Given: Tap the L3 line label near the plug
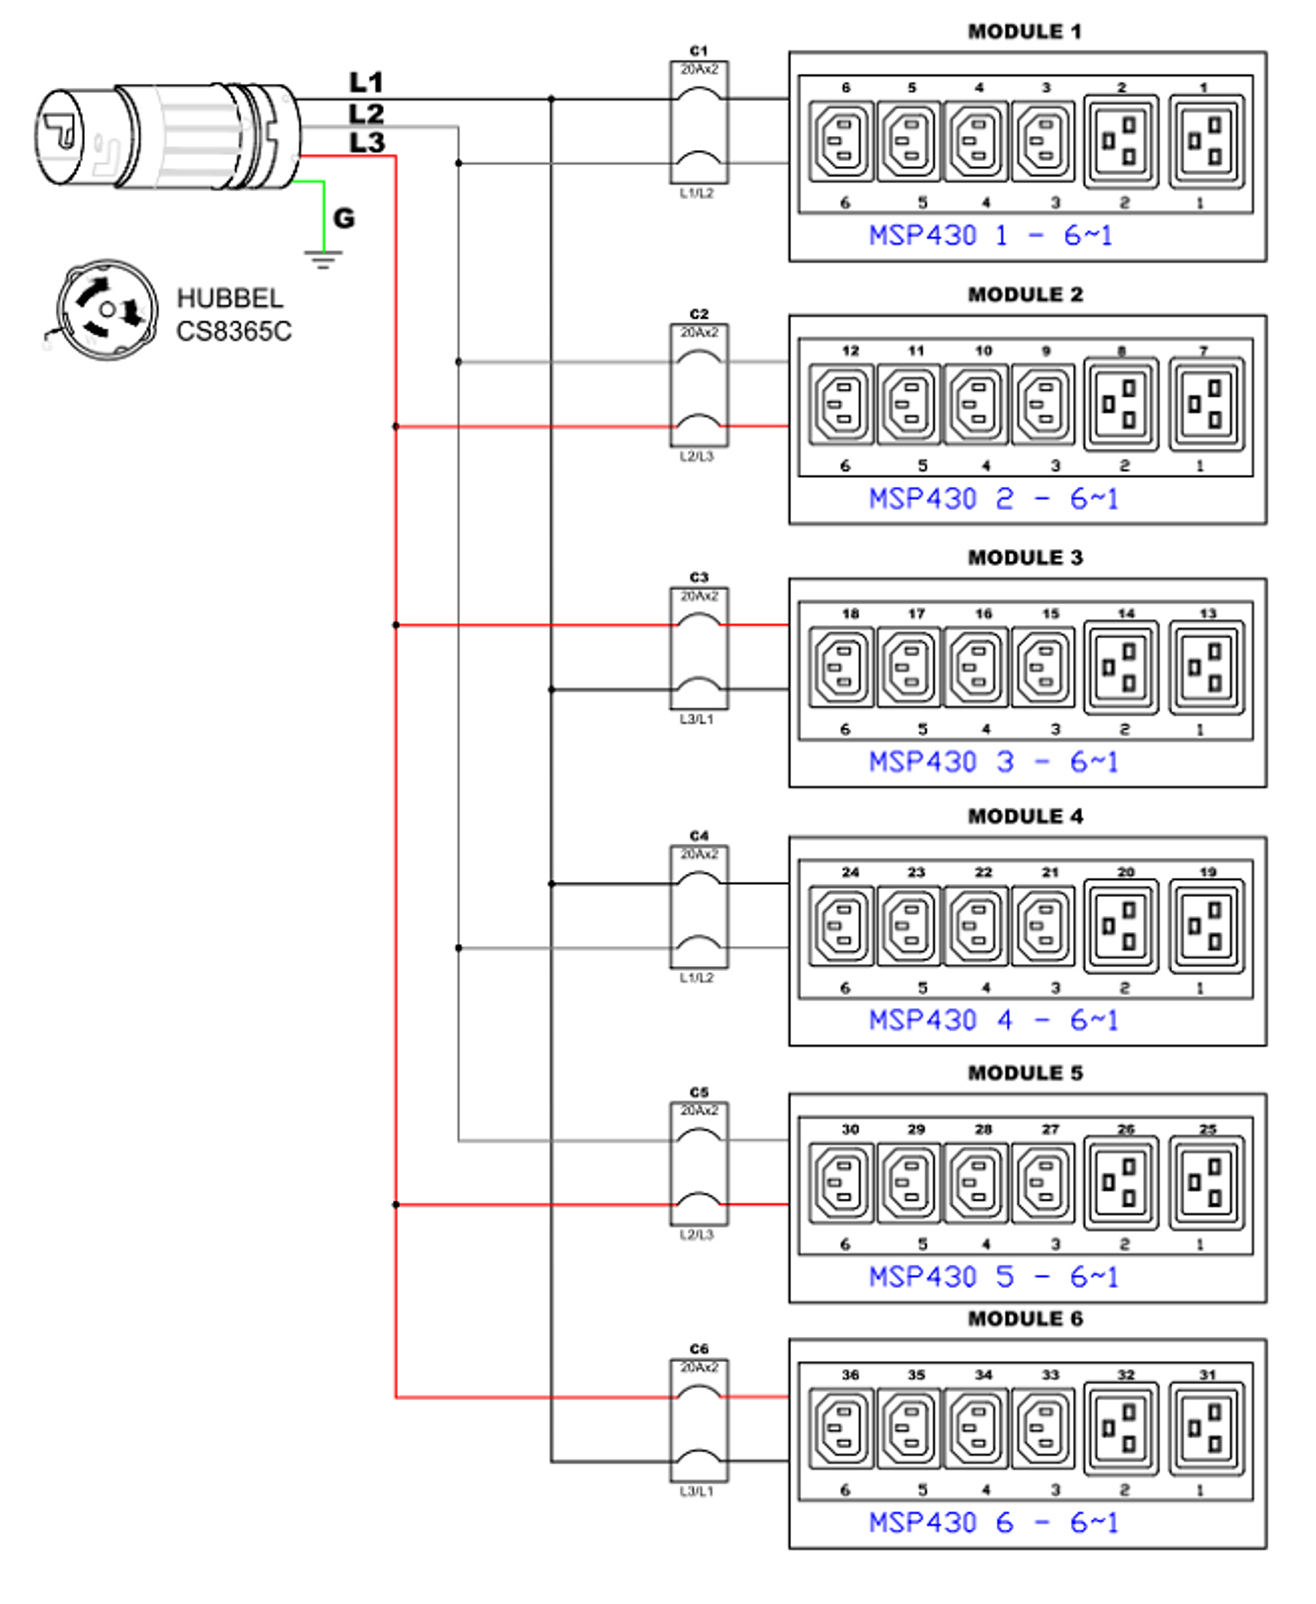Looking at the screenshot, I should pyautogui.click(x=367, y=142).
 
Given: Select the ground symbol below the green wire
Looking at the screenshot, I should pyautogui.click(x=324, y=260).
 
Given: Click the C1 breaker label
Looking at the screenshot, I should pyautogui.click(x=698, y=51).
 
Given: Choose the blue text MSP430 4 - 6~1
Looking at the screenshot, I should pyautogui.click(x=993, y=1021).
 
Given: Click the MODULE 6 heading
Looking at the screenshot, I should pyautogui.click(x=1025, y=1319).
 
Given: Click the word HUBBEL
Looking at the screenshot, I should pyautogui.click(x=230, y=299).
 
